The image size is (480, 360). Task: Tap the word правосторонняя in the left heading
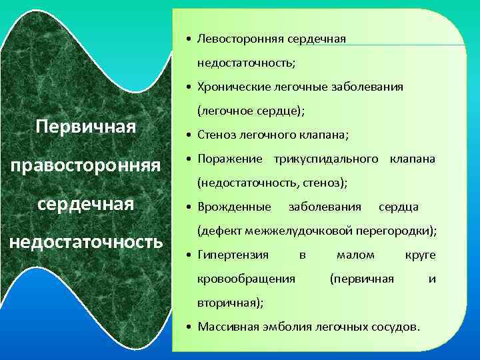(x=85, y=164)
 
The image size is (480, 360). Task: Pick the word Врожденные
(x=234, y=207)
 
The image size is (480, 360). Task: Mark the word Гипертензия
(x=233, y=255)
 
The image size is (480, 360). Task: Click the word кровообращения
(x=246, y=278)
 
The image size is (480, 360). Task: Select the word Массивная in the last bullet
(x=225, y=327)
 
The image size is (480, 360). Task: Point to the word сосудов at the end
(x=397, y=327)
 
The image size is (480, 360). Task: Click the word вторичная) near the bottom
(x=229, y=302)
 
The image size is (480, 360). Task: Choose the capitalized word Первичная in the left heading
(x=86, y=126)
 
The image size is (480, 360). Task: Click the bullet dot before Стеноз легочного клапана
(x=190, y=136)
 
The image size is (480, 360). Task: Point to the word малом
(x=355, y=255)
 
